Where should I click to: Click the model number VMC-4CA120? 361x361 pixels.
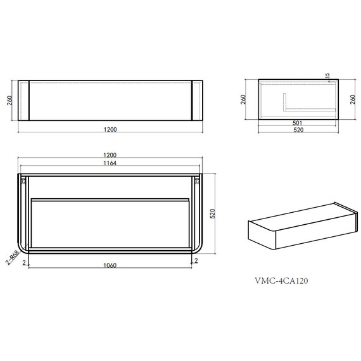point(281,281)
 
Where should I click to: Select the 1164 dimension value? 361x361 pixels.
point(110,163)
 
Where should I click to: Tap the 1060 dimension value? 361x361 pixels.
point(110,265)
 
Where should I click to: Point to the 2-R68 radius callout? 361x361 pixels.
point(12,257)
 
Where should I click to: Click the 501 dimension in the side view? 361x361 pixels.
point(297,123)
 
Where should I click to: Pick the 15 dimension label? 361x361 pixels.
point(327,76)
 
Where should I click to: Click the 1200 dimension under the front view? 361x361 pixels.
point(110,129)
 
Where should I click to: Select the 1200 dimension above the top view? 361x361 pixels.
point(110,155)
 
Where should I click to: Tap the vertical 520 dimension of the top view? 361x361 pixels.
point(213,213)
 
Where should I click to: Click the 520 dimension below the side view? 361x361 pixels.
point(298,130)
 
